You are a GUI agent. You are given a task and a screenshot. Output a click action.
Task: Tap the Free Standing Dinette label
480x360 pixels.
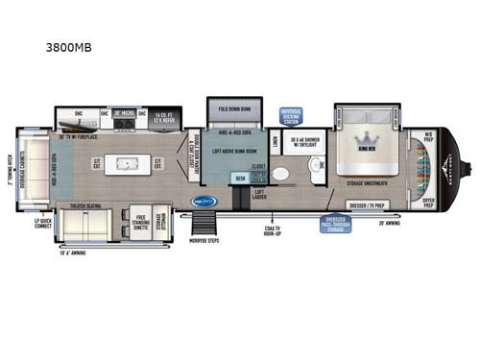tap(139, 224)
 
